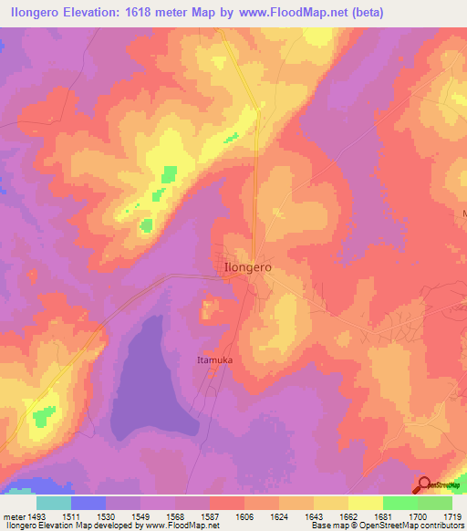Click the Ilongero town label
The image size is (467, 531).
247,268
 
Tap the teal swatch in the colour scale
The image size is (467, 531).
54,503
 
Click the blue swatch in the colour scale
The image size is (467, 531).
88,503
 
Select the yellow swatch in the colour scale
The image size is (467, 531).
366,503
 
